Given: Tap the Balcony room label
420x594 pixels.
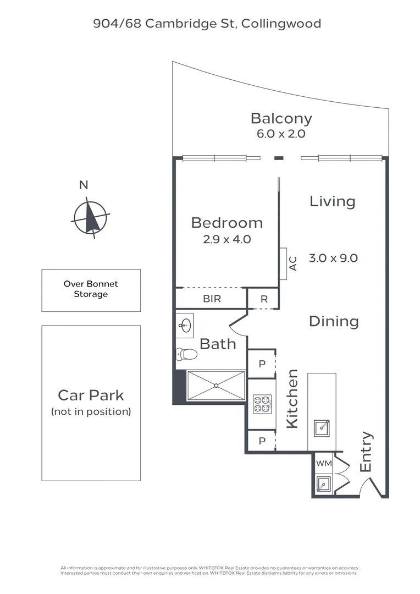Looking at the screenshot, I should [x=281, y=118].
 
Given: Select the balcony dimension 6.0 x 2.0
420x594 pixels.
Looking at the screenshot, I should [x=281, y=134].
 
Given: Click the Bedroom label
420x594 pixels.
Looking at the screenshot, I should [x=226, y=223].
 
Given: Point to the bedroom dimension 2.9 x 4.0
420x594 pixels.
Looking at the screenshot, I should [x=226, y=239].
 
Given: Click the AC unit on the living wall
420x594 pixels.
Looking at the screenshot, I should [x=283, y=263].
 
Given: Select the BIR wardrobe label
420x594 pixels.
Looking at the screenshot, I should [x=212, y=299].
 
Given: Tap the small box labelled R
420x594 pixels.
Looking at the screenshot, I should [x=264, y=299].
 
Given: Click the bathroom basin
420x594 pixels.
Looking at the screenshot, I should [x=185, y=325].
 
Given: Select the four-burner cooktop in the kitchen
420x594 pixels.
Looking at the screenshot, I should [x=262, y=404].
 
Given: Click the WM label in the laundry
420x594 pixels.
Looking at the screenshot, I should [x=324, y=463].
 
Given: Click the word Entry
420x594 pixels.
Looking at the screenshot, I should [x=366, y=452].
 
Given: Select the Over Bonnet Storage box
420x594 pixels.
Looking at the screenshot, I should [x=91, y=290].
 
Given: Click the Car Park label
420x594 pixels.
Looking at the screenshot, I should [x=91, y=395].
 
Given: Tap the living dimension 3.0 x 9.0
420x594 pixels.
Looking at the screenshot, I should [x=333, y=258].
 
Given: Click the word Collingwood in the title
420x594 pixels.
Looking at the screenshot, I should [x=281, y=23].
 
